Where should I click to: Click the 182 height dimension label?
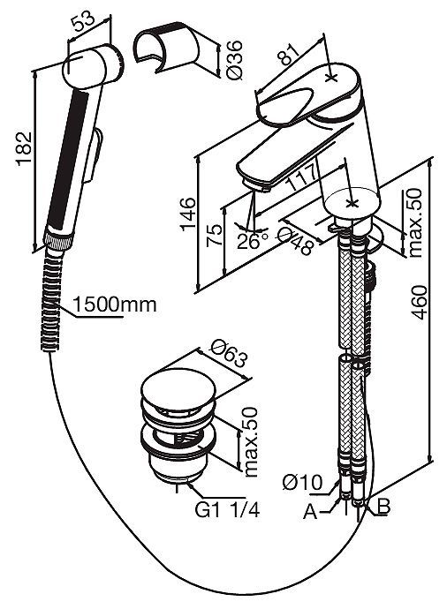pyautogui.click(x=24, y=149)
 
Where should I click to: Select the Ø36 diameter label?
pyautogui.click(x=234, y=59)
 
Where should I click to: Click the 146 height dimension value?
pyautogui.click(x=188, y=214)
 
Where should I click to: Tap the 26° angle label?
pyautogui.click(x=253, y=242)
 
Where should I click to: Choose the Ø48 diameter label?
pyautogui.click(x=297, y=241)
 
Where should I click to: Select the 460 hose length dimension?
pyautogui.click(x=419, y=303)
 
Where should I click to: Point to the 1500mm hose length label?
pyautogui.click(x=115, y=304)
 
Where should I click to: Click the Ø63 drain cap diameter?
pyautogui.click(x=230, y=355)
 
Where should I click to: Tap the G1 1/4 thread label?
pyautogui.click(x=227, y=510)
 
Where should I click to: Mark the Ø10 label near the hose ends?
pyautogui.click(x=303, y=483)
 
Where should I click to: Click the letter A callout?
pyautogui.click(x=311, y=512)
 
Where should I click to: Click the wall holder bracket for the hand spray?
pyautogui.click(x=167, y=47)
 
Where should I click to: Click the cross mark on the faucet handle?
pyautogui.click(x=331, y=78)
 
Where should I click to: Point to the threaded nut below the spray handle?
pyautogui.click(x=58, y=241)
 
